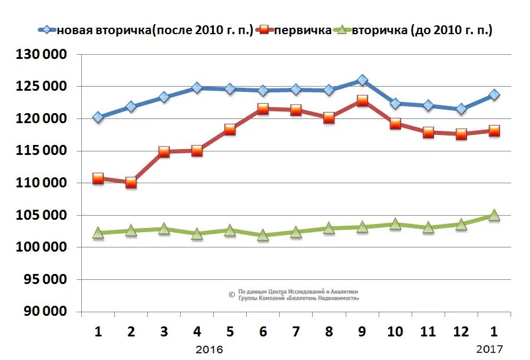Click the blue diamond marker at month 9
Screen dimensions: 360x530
[362, 80]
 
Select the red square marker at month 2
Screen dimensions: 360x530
[131, 183]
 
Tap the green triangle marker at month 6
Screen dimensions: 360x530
[263, 235]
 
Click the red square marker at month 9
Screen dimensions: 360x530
[362, 101]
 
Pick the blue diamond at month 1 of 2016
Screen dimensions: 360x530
[98, 117]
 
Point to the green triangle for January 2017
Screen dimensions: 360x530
[494, 215]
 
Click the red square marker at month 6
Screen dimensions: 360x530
[263, 109]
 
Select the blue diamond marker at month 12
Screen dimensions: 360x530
[461, 109]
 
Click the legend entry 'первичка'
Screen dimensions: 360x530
[302, 30]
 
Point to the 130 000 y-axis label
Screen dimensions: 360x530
[42, 55]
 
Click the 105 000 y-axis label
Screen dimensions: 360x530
[42, 216]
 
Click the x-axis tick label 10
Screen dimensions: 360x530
[395, 332]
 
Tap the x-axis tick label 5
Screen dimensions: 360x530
[230, 332]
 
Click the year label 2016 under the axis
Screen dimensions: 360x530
[209, 350]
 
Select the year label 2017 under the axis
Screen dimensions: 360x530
[489, 350]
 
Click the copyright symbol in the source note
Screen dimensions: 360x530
[231, 295]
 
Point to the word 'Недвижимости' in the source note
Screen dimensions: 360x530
[339, 298]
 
